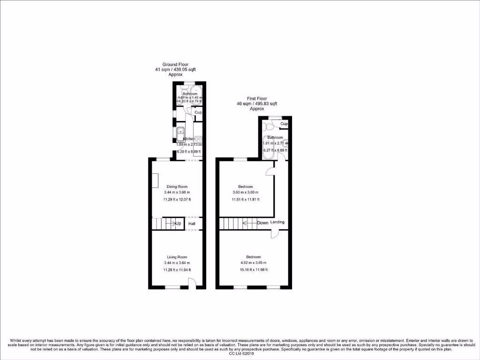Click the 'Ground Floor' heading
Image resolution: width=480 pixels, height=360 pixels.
coord(176,65)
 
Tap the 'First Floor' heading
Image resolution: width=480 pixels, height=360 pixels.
coord(257,98)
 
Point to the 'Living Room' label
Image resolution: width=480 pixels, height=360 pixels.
coord(177,257)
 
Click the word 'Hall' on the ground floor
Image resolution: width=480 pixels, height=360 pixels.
coord(192,224)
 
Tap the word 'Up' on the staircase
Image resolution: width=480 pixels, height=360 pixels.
coord(178,224)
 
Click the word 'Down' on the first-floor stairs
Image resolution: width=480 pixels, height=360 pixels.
coord(262,223)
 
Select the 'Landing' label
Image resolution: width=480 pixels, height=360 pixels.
coord(277,222)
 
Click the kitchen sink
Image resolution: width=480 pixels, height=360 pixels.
coord(181,133)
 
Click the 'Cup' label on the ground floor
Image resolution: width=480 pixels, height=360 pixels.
coord(198,113)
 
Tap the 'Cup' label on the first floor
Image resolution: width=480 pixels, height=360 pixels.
coord(284,124)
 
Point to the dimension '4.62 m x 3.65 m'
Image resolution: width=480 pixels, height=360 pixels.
coord(254,262)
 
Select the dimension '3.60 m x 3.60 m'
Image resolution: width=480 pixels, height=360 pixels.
coord(245,193)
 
